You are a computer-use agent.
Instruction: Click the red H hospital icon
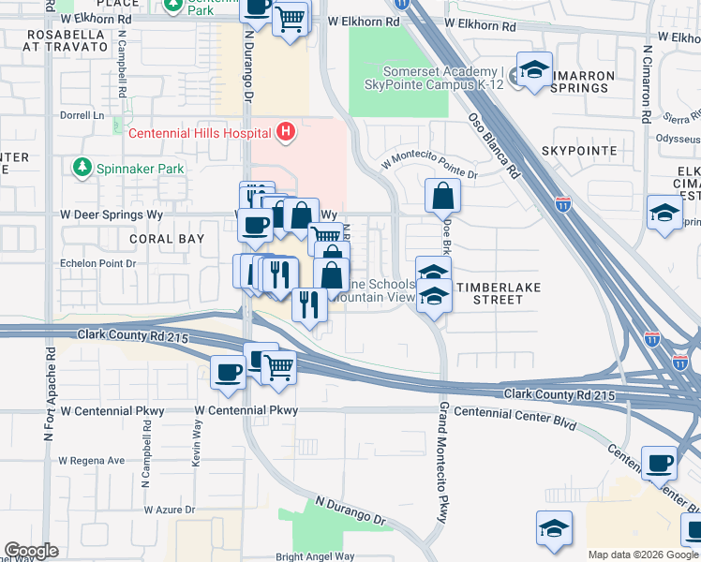pos(287,133)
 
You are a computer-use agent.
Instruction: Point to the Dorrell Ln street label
pos(82,116)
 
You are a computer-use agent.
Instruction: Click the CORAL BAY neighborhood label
pos(167,239)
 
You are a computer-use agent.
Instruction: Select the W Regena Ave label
pos(91,461)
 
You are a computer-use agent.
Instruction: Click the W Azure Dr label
pos(169,510)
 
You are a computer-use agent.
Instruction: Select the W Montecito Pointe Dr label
pos(429,168)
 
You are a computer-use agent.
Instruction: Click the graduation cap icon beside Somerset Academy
pos(534,72)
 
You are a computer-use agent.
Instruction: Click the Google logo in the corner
pos(31,551)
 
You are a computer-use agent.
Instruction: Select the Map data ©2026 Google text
pos(642,555)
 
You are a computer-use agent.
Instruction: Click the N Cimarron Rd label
pos(647,85)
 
